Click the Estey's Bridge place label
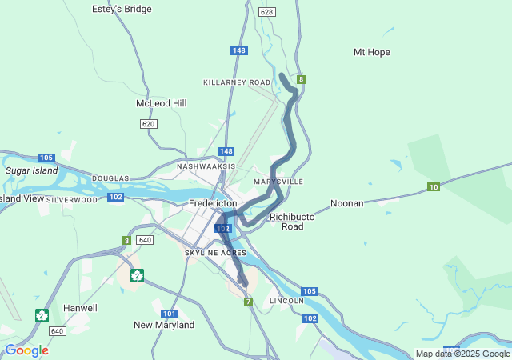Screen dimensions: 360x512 (122, 9)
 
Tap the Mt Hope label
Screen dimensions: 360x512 (371, 52)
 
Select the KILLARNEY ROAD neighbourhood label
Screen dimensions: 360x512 (237, 82)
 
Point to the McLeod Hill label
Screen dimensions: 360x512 (161, 104)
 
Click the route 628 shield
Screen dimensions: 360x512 (267, 12)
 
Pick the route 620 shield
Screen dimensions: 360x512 (148, 124)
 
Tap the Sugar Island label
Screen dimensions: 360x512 (32, 170)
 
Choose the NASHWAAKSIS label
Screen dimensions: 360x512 (206, 166)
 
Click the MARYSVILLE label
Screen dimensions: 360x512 (278, 182)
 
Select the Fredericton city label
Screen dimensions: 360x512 (213, 204)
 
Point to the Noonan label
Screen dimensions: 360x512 (347, 203)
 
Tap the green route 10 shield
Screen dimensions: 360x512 (433, 187)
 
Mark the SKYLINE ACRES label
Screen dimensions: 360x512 (215, 253)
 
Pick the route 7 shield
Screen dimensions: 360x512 (249, 302)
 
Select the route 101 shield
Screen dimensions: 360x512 (169, 314)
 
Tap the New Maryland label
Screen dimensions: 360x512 (164, 326)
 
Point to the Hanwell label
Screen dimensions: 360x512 (80, 308)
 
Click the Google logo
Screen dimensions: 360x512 (26, 350)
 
